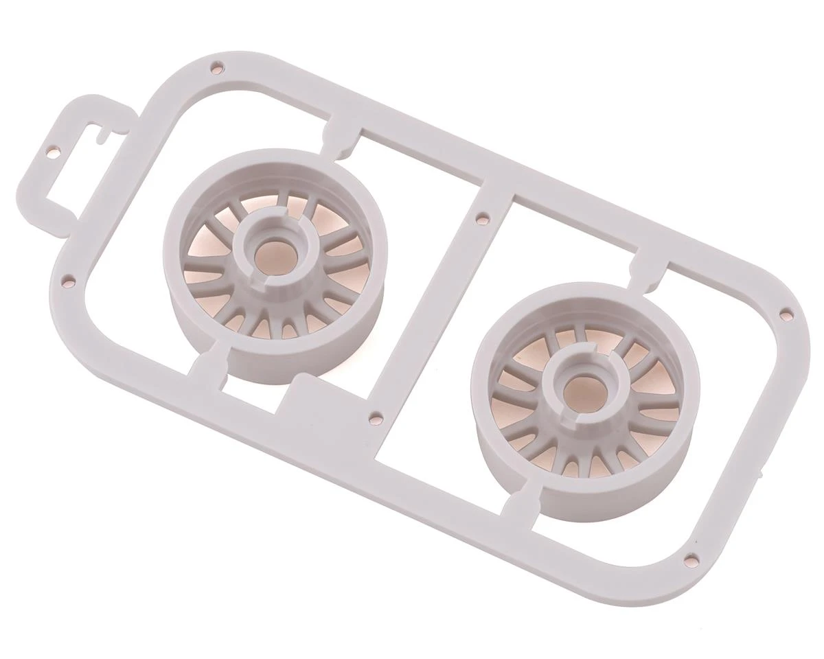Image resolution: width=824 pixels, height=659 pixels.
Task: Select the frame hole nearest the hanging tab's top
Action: [x=216, y=67]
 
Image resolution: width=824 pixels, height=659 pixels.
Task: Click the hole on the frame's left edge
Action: [x=68, y=281]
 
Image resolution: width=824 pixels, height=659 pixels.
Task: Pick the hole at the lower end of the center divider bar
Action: [x=376, y=417]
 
